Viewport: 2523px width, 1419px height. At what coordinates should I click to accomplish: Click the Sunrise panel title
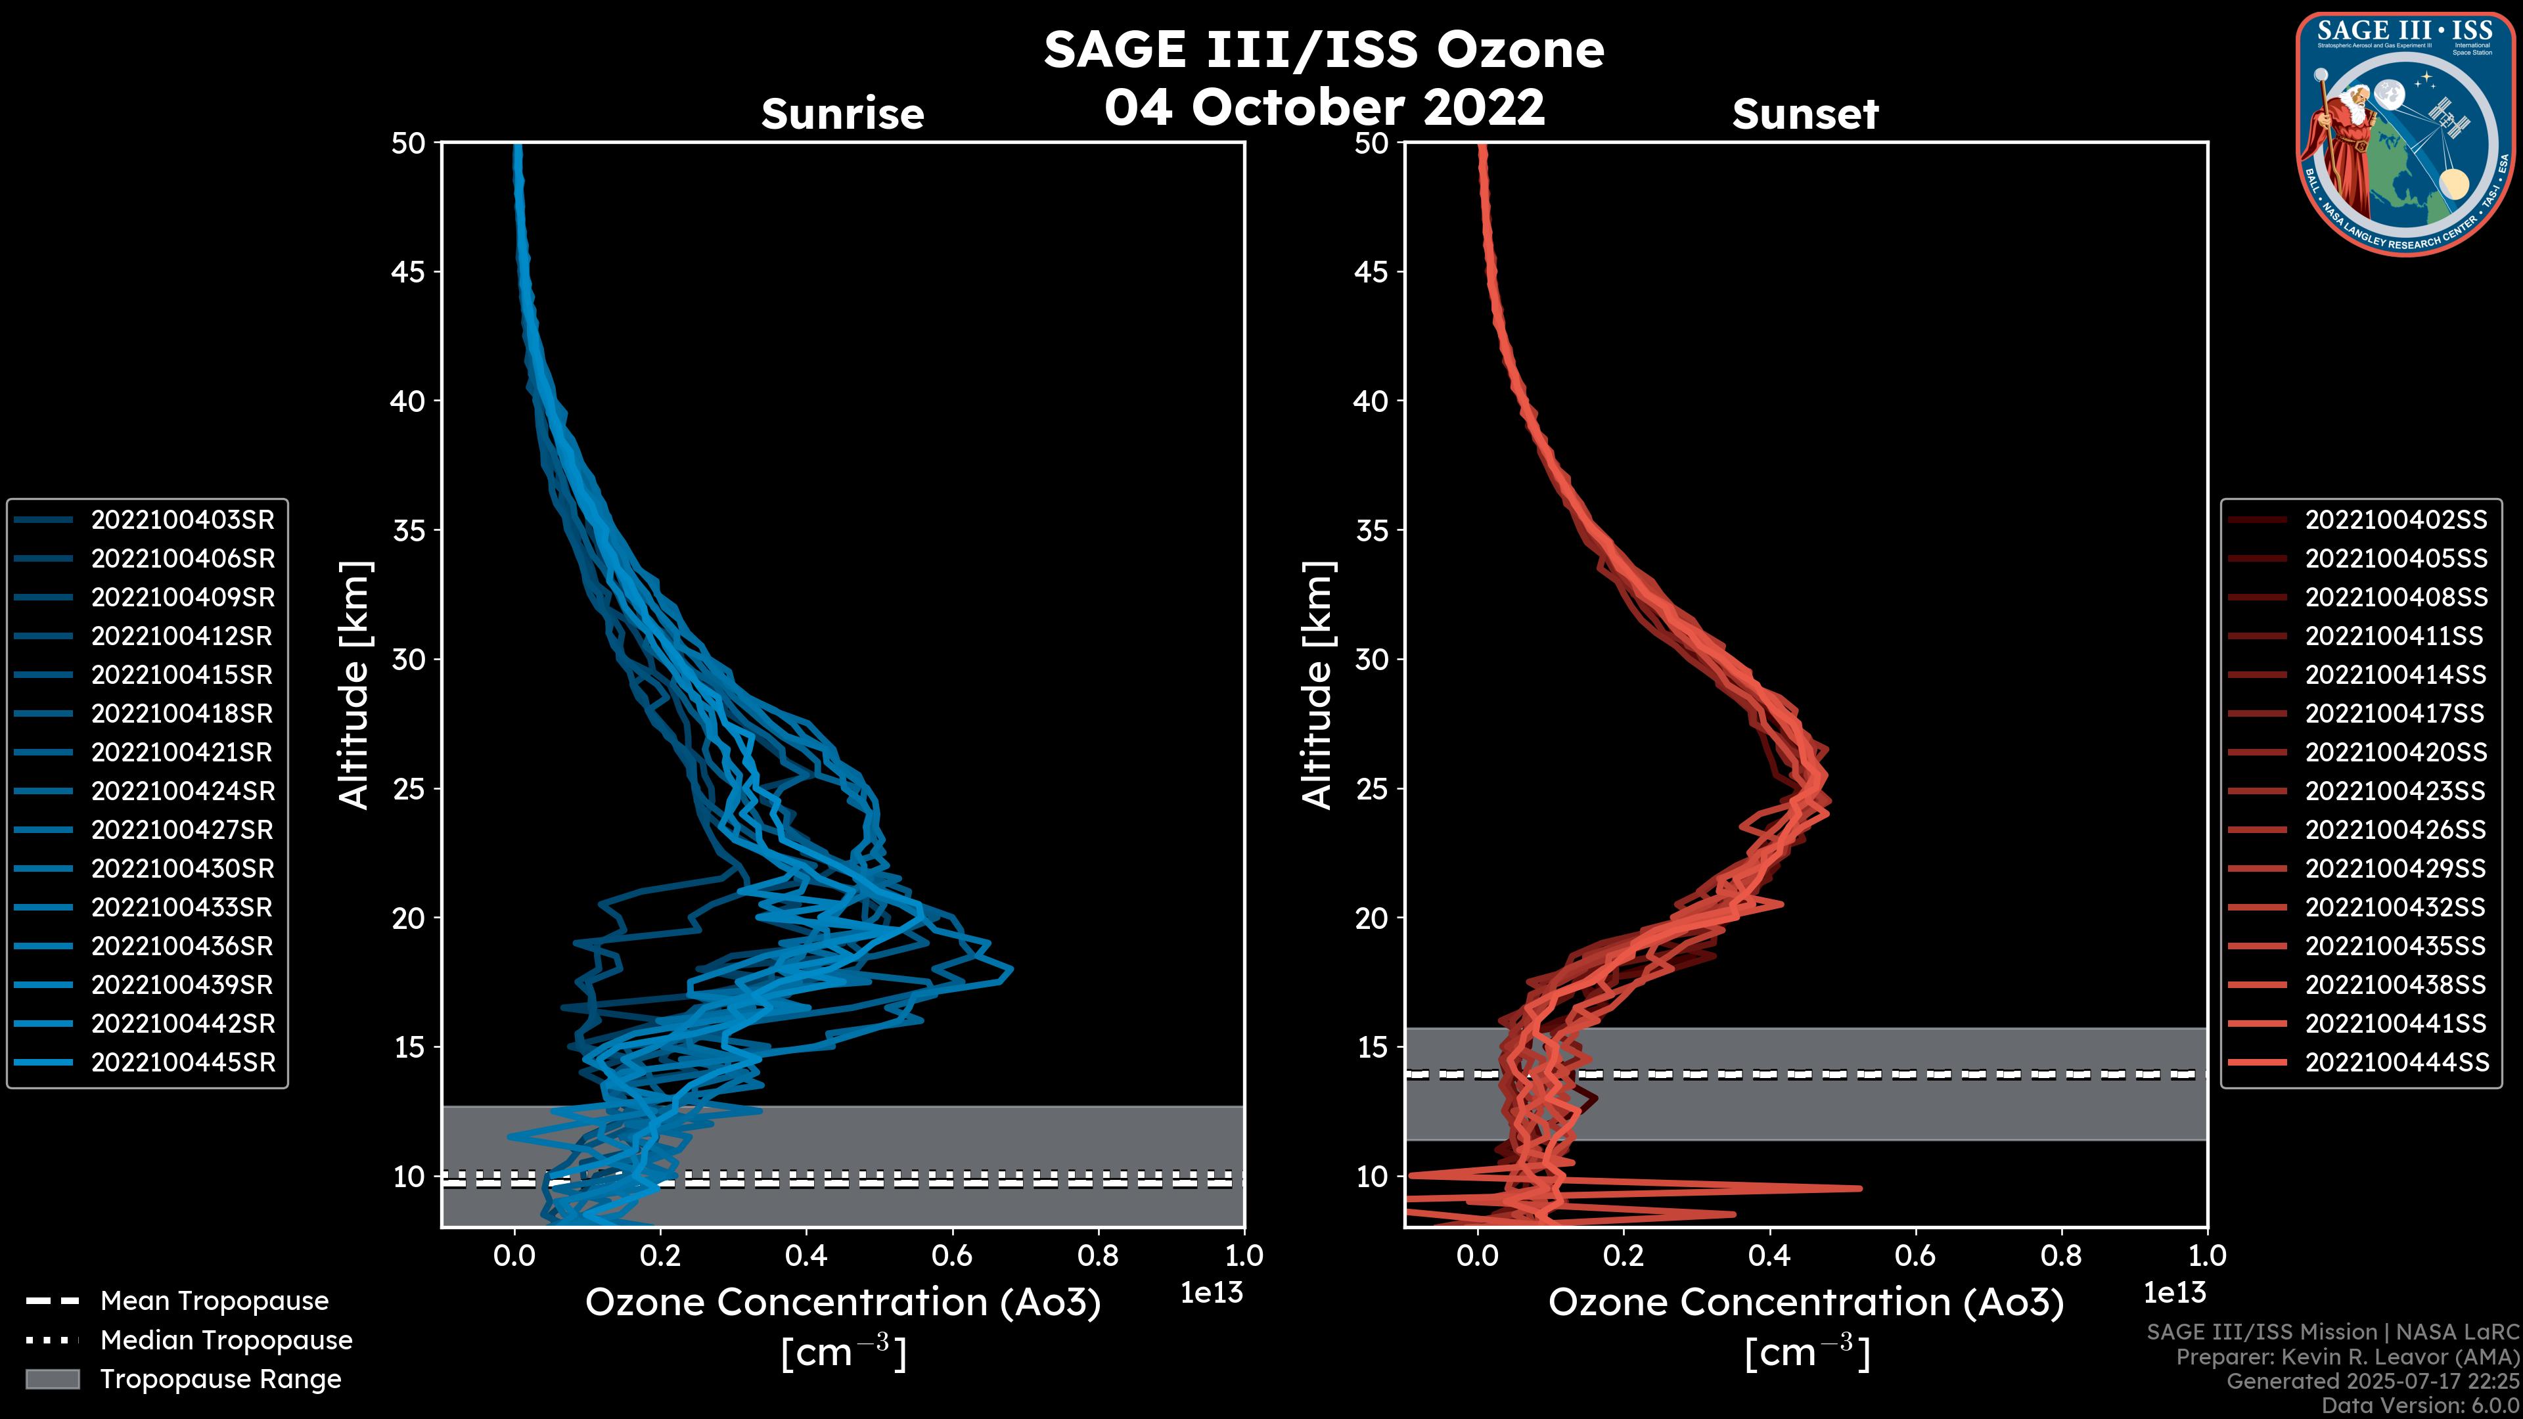pyautogui.click(x=842, y=114)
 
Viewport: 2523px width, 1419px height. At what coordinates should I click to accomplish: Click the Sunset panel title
pyautogui.click(x=1805, y=114)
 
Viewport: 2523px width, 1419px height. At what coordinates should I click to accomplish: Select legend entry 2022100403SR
pyautogui.click(x=182, y=520)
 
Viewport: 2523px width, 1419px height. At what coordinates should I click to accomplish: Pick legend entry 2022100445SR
pyautogui.click(x=182, y=1062)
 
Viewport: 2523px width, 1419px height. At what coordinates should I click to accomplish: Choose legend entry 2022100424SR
pyautogui.click(x=182, y=791)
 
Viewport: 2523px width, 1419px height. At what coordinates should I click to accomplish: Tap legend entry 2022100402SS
pyautogui.click(x=2396, y=520)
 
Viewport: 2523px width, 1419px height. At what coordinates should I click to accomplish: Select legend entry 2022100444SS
pyautogui.click(x=2396, y=1062)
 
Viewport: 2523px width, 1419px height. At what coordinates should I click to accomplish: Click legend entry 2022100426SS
pyautogui.click(x=2396, y=830)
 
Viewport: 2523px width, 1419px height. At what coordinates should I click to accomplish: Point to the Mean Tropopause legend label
pyautogui.click(x=214, y=1301)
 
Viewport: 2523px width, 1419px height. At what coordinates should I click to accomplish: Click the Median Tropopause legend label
pyautogui.click(x=226, y=1341)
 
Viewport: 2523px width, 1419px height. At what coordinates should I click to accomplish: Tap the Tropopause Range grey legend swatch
pyautogui.click(x=52, y=1379)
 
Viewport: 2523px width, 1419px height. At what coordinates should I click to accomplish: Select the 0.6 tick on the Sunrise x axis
pyautogui.click(x=952, y=1255)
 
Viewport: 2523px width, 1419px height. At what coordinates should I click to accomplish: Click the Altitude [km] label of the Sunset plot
pyautogui.click(x=1317, y=685)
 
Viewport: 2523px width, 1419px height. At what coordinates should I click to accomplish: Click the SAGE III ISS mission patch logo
pyautogui.click(x=2405, y=133)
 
